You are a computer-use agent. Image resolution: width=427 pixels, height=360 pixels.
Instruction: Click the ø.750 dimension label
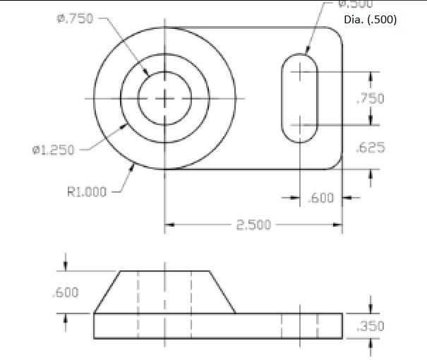tap(74, 19)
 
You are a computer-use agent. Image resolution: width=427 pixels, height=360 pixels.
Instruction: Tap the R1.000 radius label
tap(87, 191)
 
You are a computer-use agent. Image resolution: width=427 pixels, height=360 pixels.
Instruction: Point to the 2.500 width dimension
tap(252, 225)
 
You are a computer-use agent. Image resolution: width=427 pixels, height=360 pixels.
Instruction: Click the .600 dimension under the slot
tap(321, 198)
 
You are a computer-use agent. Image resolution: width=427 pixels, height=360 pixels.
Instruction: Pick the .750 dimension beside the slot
tap(371, 99)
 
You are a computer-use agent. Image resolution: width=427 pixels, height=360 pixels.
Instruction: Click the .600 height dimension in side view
tap(66, 292)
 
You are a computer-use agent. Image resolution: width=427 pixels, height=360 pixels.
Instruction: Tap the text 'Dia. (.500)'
tap(370, 20)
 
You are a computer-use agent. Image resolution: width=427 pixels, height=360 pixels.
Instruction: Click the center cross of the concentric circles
tap(164, 99)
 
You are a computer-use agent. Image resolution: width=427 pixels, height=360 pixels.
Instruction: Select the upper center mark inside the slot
tap(300, 71)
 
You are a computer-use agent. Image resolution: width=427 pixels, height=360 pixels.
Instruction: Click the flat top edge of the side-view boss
tap(164, 270)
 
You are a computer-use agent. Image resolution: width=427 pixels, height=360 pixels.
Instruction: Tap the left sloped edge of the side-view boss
tap(107, 292)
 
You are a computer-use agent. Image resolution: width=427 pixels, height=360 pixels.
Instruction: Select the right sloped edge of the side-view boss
tap(222, 292)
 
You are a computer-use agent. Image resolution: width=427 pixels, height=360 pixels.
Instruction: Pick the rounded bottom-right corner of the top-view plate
tap(337, 164)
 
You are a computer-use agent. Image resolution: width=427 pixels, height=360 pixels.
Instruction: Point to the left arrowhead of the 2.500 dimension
tap(170, 225)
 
